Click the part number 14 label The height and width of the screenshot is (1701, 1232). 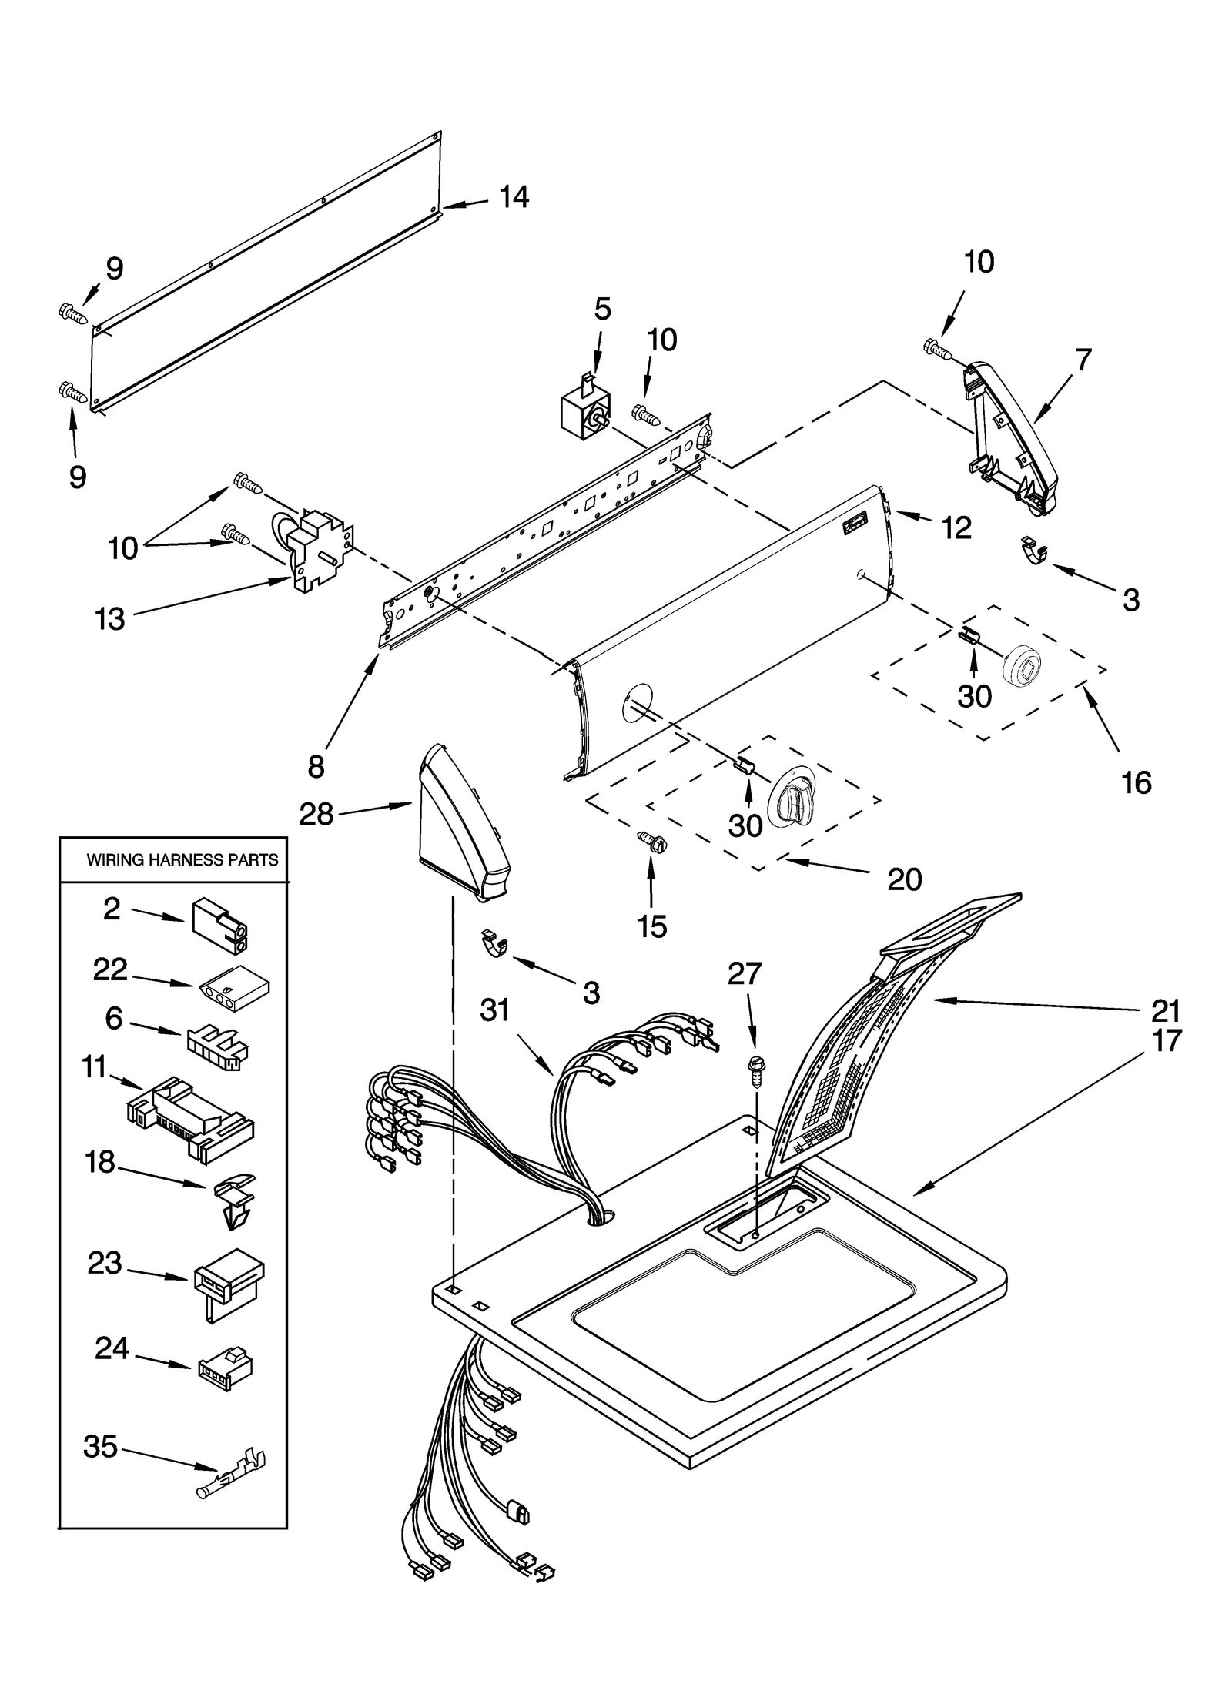pos(514,198)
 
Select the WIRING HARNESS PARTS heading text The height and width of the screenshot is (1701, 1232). pos(182,859)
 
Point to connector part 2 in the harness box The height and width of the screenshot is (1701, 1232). pos(221,924)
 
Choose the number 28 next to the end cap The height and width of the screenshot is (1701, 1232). pos(316,814)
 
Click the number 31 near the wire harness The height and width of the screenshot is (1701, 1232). pos(495,1010)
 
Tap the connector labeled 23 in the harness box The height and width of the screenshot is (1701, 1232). pos(226,1281)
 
